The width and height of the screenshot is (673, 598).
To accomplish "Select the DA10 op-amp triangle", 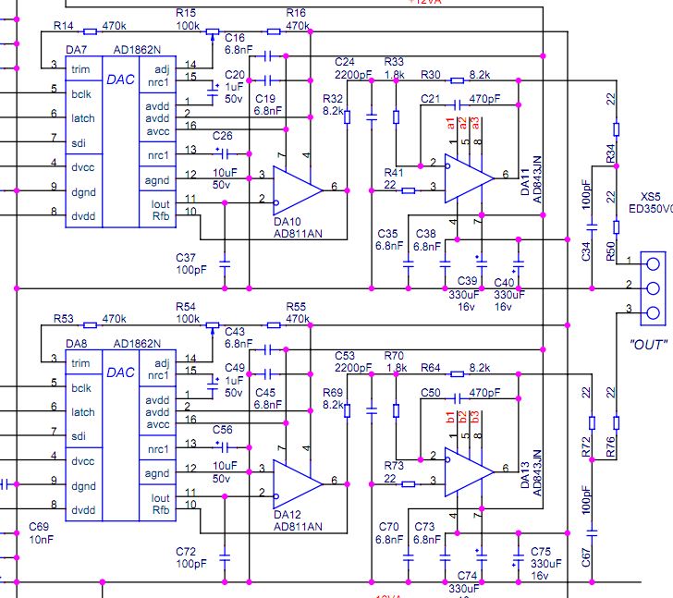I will point(294,189).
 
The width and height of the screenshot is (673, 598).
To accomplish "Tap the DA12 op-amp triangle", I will point(294,482).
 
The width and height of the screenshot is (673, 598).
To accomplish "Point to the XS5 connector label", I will point(651,197).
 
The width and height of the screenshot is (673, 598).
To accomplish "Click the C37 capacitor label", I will point(186,257).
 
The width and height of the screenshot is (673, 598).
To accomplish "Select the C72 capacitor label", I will point(186,551).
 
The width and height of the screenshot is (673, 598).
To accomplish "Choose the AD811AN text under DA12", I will point(298,526).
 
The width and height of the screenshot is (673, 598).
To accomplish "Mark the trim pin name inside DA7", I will point(81,66).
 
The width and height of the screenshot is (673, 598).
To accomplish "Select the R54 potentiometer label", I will point(187,306).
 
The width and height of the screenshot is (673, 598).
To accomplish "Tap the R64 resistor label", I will point(431,368).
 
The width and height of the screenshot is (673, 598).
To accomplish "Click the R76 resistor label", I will point(611,449).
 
